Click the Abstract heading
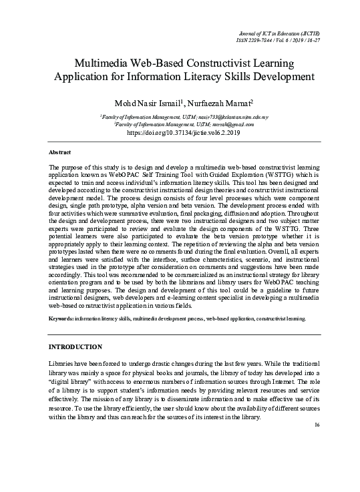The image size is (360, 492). (61, 152)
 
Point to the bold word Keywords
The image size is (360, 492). (61, 319)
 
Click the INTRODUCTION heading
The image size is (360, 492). (76, 347)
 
